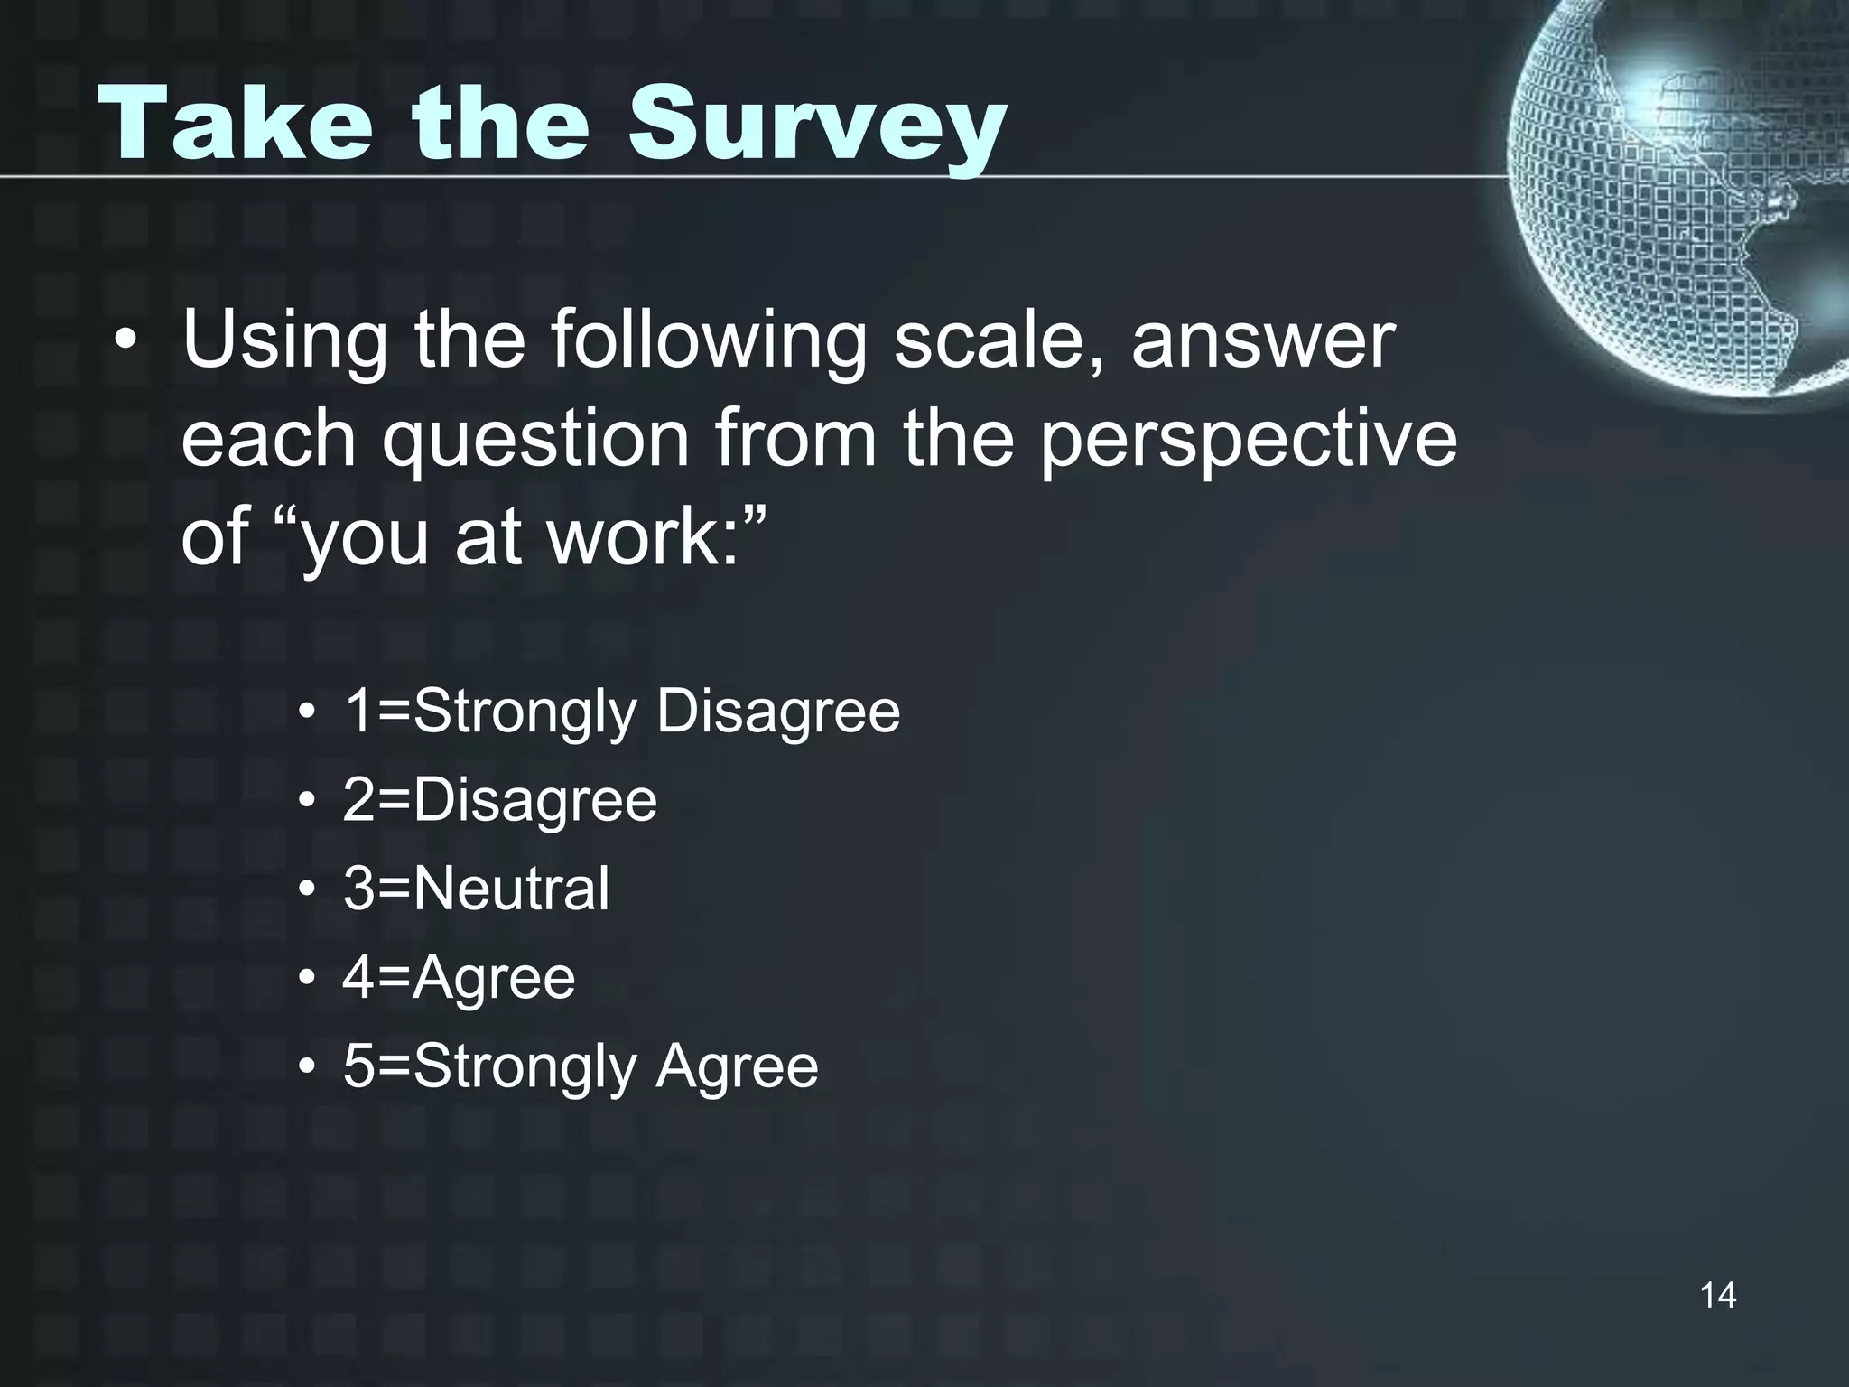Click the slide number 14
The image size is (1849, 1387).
1717,1295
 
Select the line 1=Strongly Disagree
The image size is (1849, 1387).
621,712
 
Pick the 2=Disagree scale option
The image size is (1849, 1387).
499,800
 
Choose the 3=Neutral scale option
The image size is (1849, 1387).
476,889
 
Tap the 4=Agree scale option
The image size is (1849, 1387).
459,977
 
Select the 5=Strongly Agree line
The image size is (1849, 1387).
581,1066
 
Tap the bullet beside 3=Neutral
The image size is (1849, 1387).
308,890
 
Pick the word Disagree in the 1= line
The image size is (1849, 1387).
778,712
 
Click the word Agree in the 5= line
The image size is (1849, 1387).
737,1066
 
